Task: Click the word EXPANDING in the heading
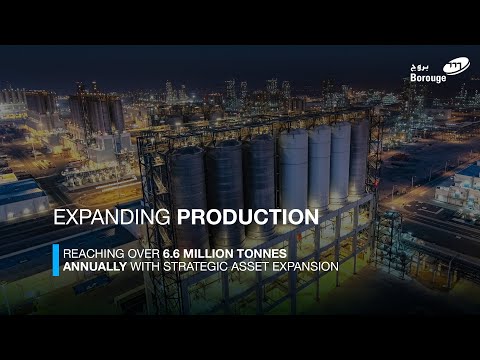tap(112, 217)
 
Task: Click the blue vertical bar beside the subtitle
tap(55, 260)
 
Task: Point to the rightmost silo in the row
tap(358, 160)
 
